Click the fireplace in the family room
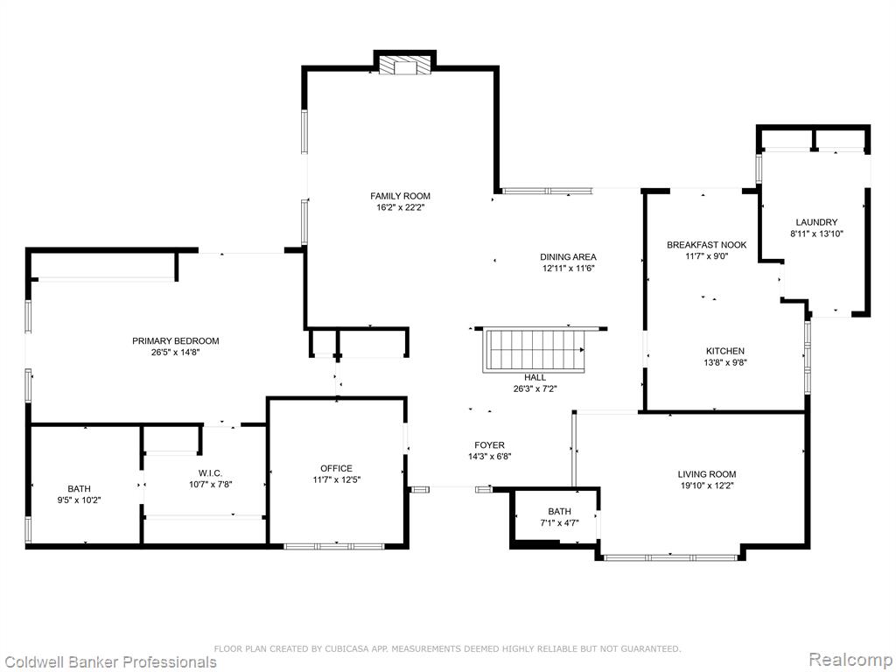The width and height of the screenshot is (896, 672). [405, 65]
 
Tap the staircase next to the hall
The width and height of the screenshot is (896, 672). [535, 351]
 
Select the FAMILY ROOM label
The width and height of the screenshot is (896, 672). [400, 196]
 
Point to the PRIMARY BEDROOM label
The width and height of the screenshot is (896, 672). [175, 341]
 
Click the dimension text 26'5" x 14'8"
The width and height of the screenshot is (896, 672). [175, 353]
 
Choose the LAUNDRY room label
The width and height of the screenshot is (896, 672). [816, 222]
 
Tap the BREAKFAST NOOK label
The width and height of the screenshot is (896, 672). [707, 245]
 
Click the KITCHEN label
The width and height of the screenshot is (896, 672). [725, 352]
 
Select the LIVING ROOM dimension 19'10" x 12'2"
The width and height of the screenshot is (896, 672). [707, 486]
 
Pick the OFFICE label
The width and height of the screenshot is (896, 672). [336, 469]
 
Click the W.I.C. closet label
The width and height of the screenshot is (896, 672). [210, 473]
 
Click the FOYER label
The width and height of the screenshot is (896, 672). [490, 445]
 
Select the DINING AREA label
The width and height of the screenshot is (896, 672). [568, 257]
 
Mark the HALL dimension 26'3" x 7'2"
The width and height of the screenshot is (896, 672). [535, 389]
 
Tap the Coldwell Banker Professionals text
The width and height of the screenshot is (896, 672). [108, 662]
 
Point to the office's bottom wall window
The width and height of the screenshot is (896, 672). [337, 546]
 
